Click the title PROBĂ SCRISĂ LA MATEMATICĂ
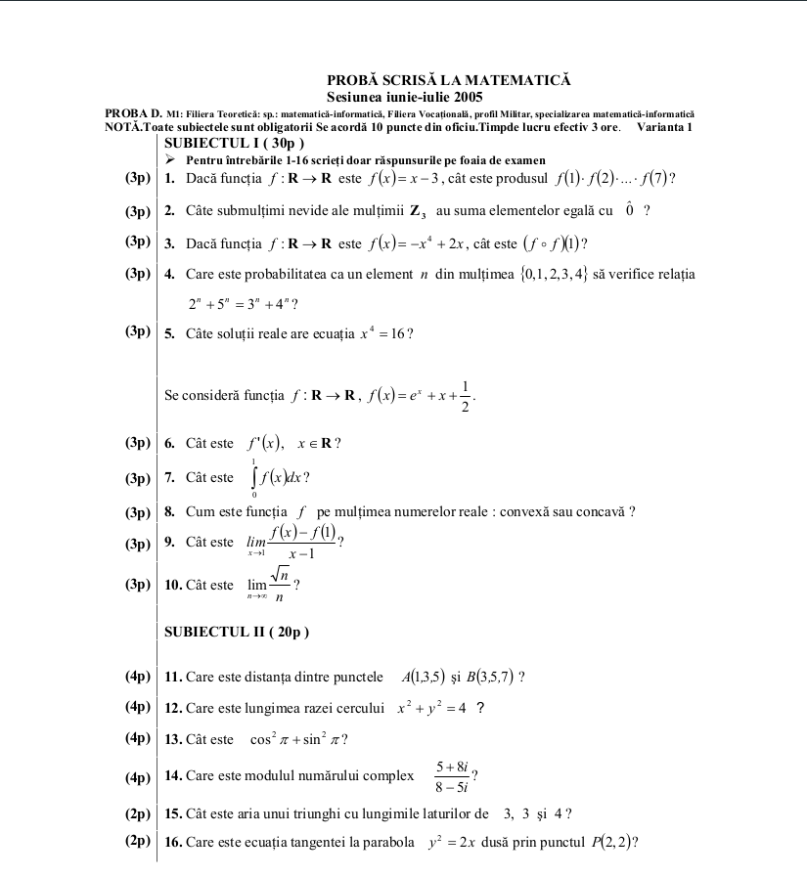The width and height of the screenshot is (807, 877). [448, 80]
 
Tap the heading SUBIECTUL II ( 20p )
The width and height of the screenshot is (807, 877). [237, 632]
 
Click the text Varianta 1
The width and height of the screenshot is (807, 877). [664, 128]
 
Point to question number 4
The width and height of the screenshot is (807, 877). [170, 275]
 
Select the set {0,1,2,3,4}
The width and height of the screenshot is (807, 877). [554, 275]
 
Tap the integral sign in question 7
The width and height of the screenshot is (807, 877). [254, 478]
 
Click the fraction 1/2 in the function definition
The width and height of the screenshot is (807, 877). [466, 395]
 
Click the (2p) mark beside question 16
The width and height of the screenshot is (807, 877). [138, 841]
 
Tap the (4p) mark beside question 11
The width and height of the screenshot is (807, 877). [138, 676]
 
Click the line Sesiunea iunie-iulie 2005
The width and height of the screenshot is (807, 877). [404, 97]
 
